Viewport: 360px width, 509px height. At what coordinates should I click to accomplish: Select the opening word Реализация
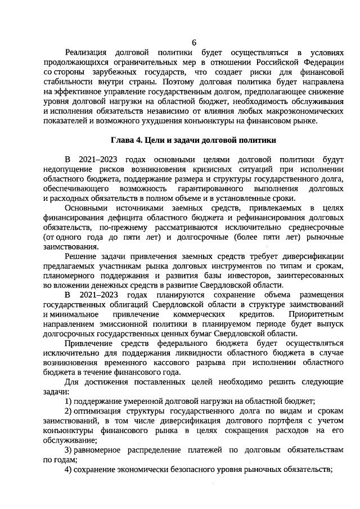point(88,53)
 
